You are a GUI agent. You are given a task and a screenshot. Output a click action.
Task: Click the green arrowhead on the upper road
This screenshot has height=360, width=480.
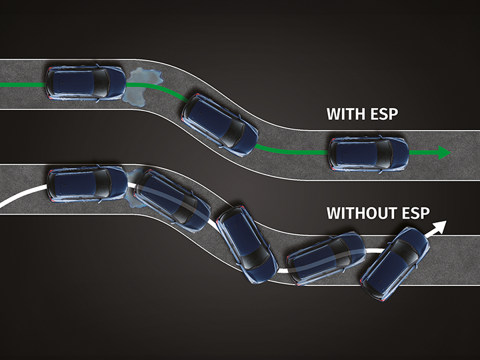444,153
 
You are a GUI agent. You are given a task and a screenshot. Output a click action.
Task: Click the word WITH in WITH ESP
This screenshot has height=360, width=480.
346,114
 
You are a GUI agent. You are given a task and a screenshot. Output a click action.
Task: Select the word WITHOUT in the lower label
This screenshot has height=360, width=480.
365,213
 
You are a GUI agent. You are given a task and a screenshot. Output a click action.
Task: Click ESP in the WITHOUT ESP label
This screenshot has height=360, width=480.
416,213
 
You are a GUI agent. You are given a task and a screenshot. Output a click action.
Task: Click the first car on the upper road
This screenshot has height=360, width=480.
85,83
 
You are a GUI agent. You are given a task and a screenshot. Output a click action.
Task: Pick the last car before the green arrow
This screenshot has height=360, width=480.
369,154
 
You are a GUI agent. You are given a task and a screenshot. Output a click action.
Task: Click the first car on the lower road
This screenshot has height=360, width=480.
87,184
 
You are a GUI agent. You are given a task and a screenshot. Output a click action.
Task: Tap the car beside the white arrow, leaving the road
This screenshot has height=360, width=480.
395,263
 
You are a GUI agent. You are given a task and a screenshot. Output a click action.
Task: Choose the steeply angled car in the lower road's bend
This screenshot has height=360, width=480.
247,244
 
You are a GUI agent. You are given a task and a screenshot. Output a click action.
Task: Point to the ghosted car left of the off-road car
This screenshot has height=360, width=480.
326,258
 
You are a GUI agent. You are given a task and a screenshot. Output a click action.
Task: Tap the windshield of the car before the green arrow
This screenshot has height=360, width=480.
385,154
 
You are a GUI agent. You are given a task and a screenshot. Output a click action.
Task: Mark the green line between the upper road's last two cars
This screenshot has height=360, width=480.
291,151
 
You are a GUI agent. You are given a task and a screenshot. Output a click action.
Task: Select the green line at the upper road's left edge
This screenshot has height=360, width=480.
23,85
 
